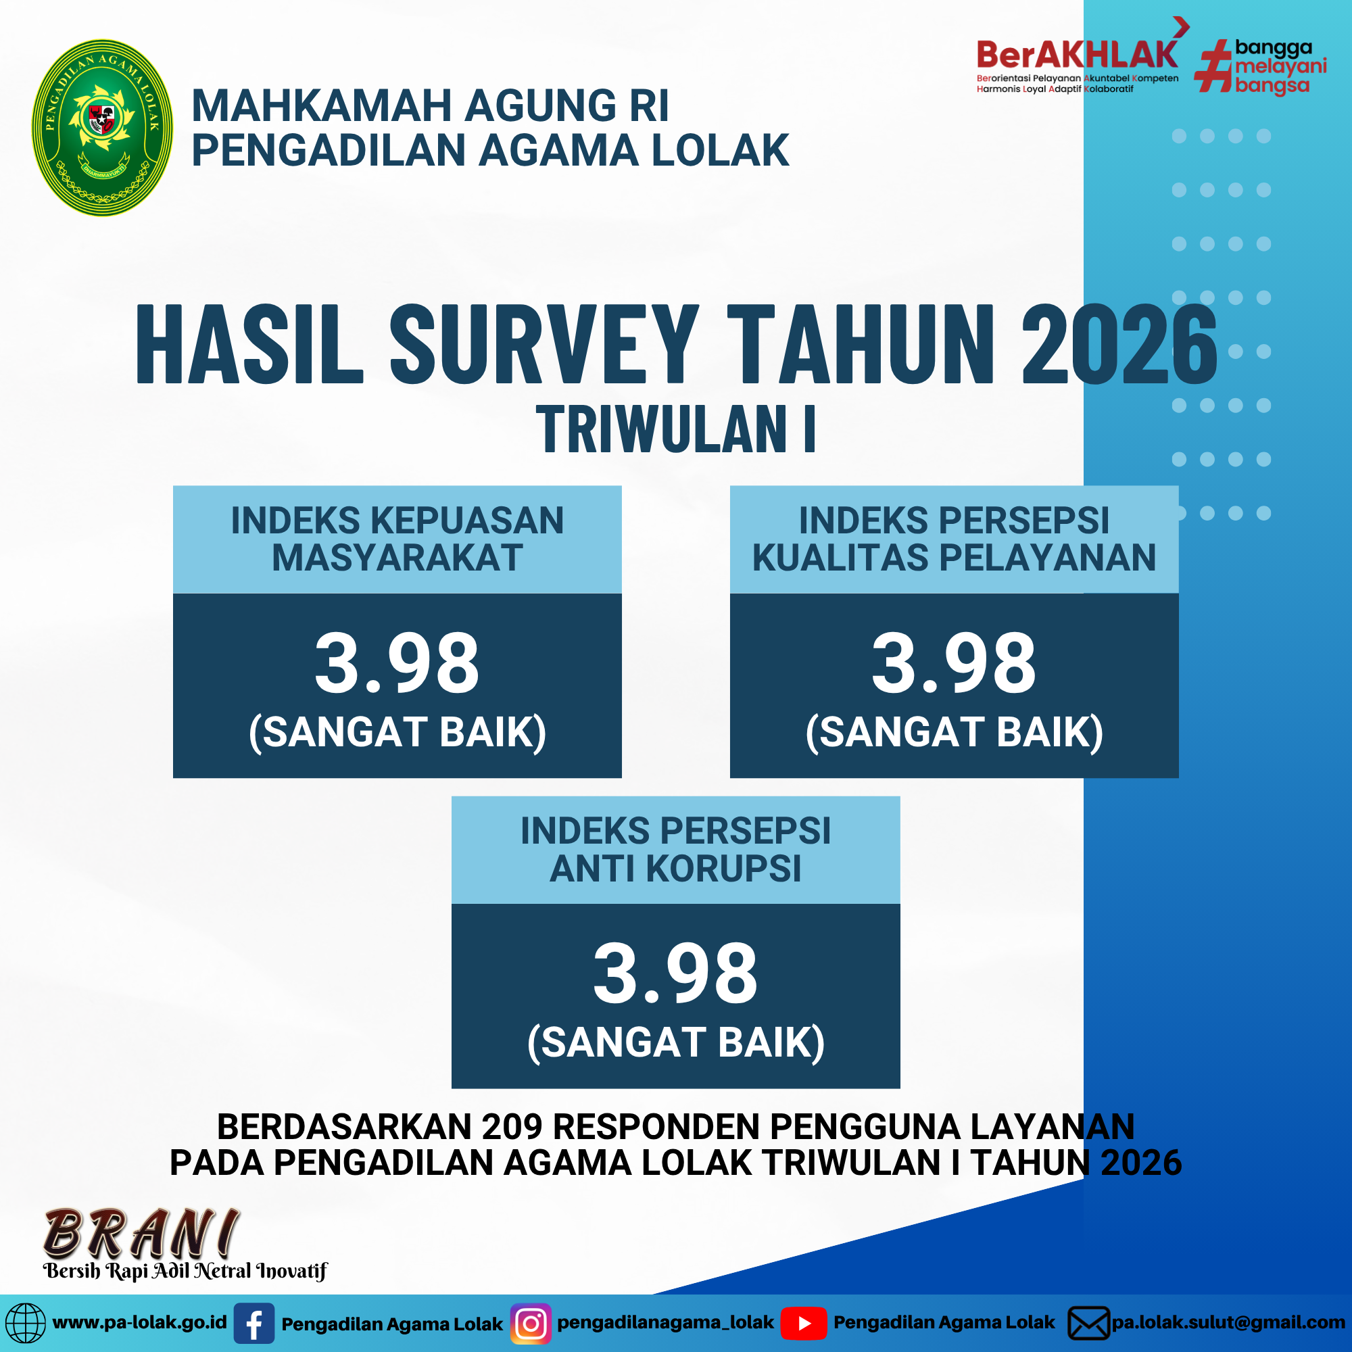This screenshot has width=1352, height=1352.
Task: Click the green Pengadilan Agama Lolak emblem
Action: click(x=102, y=127)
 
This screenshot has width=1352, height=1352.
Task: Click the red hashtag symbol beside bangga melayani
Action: click(x=1213, y=67)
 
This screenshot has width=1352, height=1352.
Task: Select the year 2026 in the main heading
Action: click(x=1119, y=345)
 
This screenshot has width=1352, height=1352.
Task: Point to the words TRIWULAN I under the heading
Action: click(x=676, y=429)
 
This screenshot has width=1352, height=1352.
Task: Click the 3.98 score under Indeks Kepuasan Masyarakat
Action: click(x=397, y=662)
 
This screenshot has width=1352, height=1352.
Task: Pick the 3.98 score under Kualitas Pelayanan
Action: click(x=954, y=662)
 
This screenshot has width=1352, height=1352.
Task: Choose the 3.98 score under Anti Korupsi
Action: click(x=675, y=973)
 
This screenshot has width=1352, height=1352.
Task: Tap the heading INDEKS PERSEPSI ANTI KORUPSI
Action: click(x=675, y=850)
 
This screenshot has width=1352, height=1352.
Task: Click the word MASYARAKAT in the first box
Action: click(x=397, y=558)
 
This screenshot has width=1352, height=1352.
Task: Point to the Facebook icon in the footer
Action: click(x=254, y=1324)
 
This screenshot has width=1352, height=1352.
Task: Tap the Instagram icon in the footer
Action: click(x=531, y=1324)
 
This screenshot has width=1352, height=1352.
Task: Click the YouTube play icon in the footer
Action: click(x=803, y=1324)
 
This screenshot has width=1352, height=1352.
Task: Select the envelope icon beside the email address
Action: click(x=1089, y=1324)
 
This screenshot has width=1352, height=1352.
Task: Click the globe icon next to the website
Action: click(x=24, y=1324)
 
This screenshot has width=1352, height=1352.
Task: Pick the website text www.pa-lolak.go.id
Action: click(x=140, y=1323)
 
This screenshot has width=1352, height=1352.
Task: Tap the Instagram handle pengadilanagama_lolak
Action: click(x=665, y=1323)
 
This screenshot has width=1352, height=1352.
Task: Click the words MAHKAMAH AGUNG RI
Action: click(x=431, y=105)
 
